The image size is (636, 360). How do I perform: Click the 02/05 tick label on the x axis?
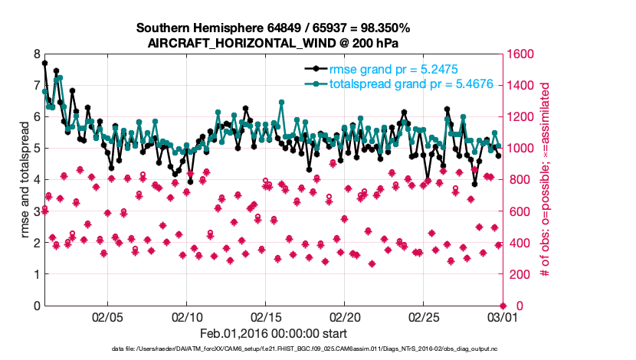click(x=107, y=316)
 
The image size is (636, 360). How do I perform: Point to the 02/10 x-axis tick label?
click(x=187, y=316)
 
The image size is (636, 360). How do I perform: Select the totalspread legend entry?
click(x=399, y=84)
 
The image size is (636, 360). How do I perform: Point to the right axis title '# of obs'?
click(x=546, y=180)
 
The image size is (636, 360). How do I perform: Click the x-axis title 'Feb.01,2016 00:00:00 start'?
click(x=274, y=333)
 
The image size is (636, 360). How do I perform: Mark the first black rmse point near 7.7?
click(x=44, y=64)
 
